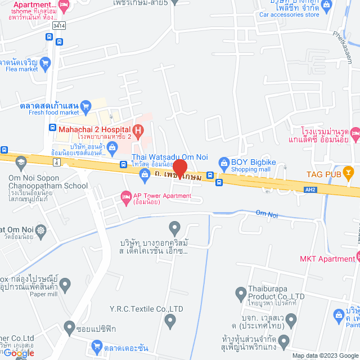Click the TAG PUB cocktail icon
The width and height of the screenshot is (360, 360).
tap(348, 173)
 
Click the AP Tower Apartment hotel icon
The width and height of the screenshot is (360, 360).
tap(125, 196)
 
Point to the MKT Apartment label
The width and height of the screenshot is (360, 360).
tap(327, 259)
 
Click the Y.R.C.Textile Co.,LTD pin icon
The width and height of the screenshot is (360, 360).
tap(170, 321)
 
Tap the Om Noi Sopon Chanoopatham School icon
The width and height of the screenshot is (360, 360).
tap(21, 163)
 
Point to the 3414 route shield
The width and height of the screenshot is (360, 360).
tap(58, 25)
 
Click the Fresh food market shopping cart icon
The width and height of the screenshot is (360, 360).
tap(85, 105)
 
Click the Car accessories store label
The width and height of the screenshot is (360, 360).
tap(289, 15)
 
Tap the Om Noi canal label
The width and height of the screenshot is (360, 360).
tap(267, 213)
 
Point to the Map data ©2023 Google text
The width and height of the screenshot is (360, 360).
tap(324, 355)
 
